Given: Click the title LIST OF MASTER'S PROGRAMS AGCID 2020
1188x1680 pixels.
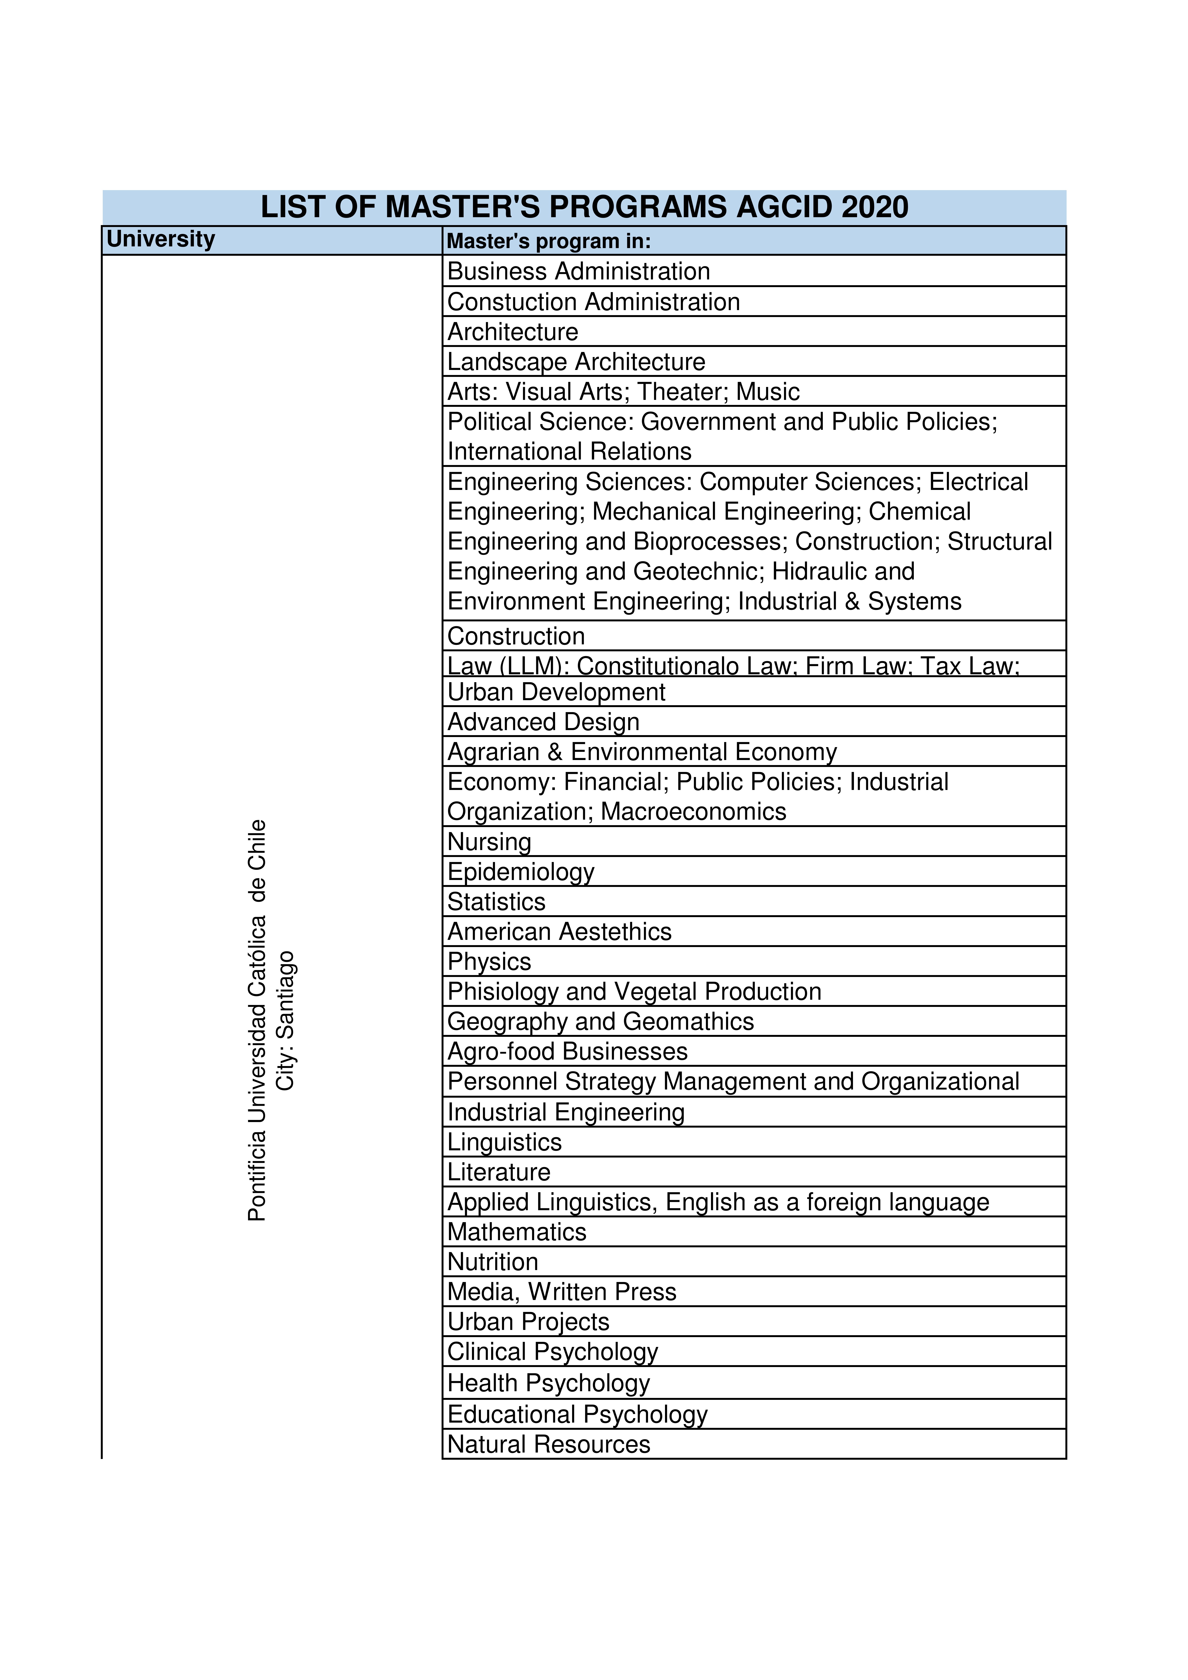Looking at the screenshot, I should [x=584, y=207].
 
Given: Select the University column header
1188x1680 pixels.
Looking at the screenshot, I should [x=161, y=239].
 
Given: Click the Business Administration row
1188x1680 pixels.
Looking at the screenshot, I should [x=578, y=272].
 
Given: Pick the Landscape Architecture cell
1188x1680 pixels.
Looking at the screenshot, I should [x=576, y=362].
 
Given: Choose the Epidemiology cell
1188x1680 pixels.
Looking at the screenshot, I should [x=520, y=871].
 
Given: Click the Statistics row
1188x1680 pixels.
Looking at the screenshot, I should [x=496, y=902].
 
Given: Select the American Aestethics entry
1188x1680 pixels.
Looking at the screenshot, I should [x=559, y=931].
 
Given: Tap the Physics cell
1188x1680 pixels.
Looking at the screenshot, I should [x=489, y=961].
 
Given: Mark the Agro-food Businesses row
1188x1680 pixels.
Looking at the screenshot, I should [x=567, y=1051].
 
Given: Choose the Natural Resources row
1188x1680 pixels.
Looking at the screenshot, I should [x=548, y=1444].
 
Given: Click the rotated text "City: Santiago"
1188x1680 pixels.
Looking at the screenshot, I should [x=285, y=1021].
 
